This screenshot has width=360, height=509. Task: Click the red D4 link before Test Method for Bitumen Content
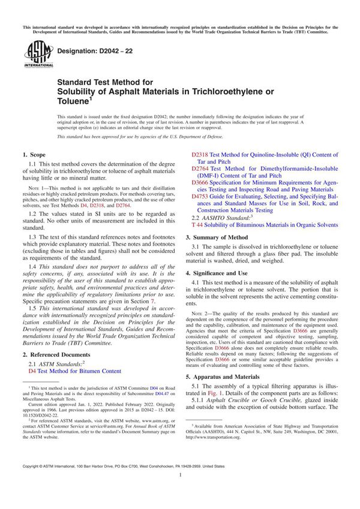tap(32, 372)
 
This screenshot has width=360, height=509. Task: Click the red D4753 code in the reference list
tap(200, 195)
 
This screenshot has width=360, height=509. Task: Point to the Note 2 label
tap(208, 315)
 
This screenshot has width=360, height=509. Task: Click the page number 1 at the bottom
tap(180, 492)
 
